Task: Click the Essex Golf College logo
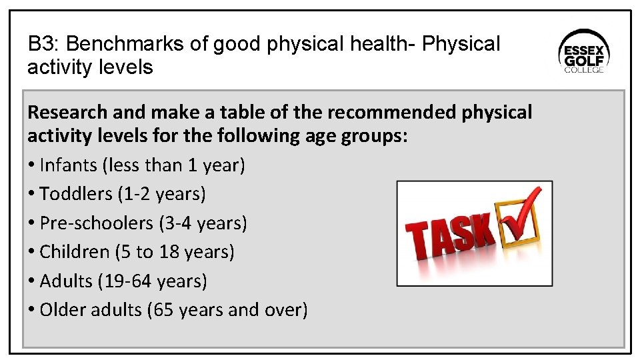pyautogui.click(x=584, y=53)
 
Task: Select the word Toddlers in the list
pyautogui.click(x=76, y=194)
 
